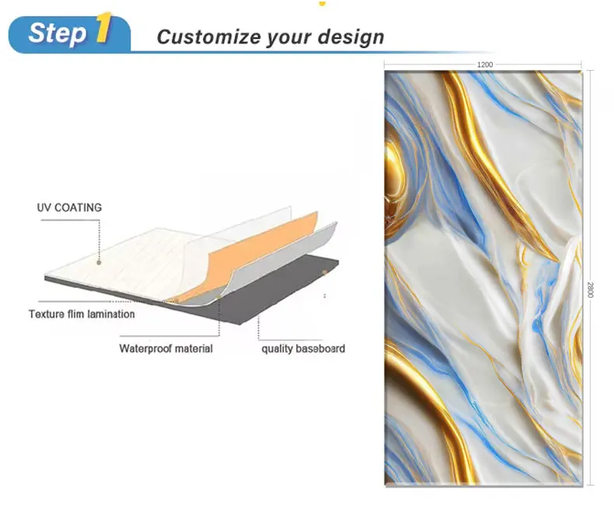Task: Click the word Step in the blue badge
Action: click(58, 33)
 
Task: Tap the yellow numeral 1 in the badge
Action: click(104, 27)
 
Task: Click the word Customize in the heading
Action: click(209, 37)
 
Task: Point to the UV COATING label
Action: click(69, 208)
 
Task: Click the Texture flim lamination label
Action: click(82, 314)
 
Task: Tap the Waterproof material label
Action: click(166, 348)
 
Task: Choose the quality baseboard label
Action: click(303, 348)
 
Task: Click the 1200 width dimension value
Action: click(485, 65)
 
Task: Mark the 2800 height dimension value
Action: click(590, 290)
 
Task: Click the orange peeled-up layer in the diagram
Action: click(250, 254)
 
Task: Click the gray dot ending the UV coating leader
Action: click(99, 263)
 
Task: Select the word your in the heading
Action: click(289, 38)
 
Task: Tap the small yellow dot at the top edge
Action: click(323, 4)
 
